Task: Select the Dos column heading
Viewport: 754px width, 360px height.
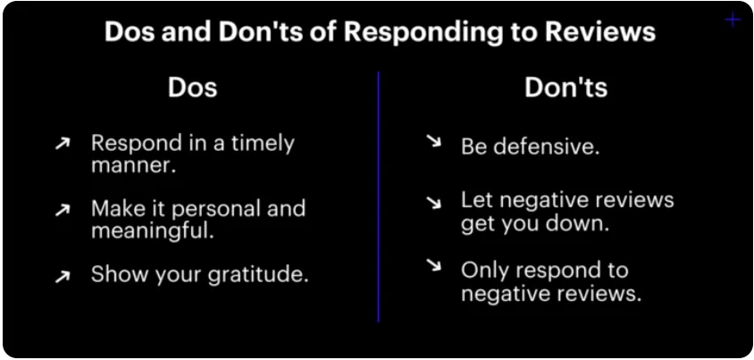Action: click(192, 88)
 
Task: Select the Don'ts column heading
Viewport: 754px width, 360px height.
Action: click(566, 88)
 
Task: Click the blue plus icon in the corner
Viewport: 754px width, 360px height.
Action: click(733, 21)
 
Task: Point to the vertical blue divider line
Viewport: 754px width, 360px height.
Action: click(379, 197)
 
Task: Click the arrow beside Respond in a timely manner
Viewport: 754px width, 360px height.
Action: click(63, 143)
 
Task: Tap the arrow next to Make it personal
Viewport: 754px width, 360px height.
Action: click(63, 210)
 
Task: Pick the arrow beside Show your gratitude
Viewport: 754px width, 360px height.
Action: click(63, 275)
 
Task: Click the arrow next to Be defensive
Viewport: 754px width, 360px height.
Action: click(434, 141)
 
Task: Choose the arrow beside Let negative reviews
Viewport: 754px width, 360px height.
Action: click(434, 203)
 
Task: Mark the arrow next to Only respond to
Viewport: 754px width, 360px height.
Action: click(434, 264)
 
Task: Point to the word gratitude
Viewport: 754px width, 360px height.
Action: click(258, 275)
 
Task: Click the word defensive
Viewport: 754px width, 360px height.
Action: click(545, 147)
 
